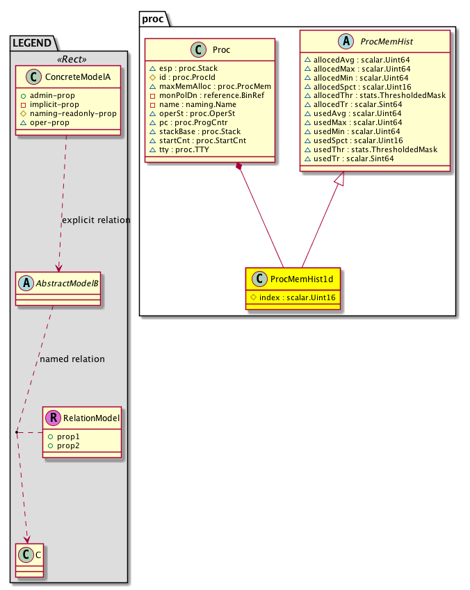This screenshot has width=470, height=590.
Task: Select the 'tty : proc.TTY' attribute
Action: click(181, 150)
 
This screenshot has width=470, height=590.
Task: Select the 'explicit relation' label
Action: click(96, 220)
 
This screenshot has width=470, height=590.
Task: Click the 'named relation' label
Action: click(72, 359)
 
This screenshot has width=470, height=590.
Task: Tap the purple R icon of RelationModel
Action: click(54, 418)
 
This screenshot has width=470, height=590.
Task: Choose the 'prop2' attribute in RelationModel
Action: click(70, 444)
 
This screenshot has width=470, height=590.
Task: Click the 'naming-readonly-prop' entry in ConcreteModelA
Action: click(72, 113)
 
